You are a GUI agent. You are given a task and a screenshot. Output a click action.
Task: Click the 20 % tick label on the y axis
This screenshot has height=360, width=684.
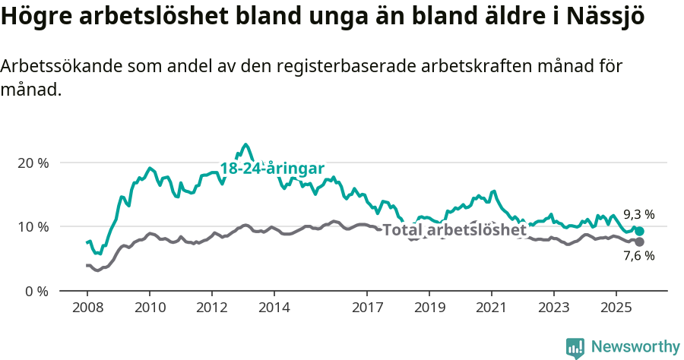coord(33,163)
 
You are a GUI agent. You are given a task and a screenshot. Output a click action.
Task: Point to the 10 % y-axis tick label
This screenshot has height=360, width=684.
coord(33,226)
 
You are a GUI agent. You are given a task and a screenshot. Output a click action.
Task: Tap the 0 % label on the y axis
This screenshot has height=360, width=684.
coord(36,290)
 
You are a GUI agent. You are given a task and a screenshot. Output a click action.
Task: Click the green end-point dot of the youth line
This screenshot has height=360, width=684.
coord(639,231)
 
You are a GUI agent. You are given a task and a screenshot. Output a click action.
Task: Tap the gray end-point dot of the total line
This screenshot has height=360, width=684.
coord(639,242)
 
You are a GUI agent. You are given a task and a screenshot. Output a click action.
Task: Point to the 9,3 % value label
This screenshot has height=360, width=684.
coord(638,214)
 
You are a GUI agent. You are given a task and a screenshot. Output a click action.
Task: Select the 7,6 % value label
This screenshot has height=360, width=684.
coord(638,256)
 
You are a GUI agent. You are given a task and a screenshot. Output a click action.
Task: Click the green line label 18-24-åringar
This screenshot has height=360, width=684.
coord(272,169)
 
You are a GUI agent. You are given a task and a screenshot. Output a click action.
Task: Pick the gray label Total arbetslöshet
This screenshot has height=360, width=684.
coord(454,230)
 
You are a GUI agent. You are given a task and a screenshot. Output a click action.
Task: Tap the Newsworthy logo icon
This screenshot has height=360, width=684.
coord(575,348)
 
